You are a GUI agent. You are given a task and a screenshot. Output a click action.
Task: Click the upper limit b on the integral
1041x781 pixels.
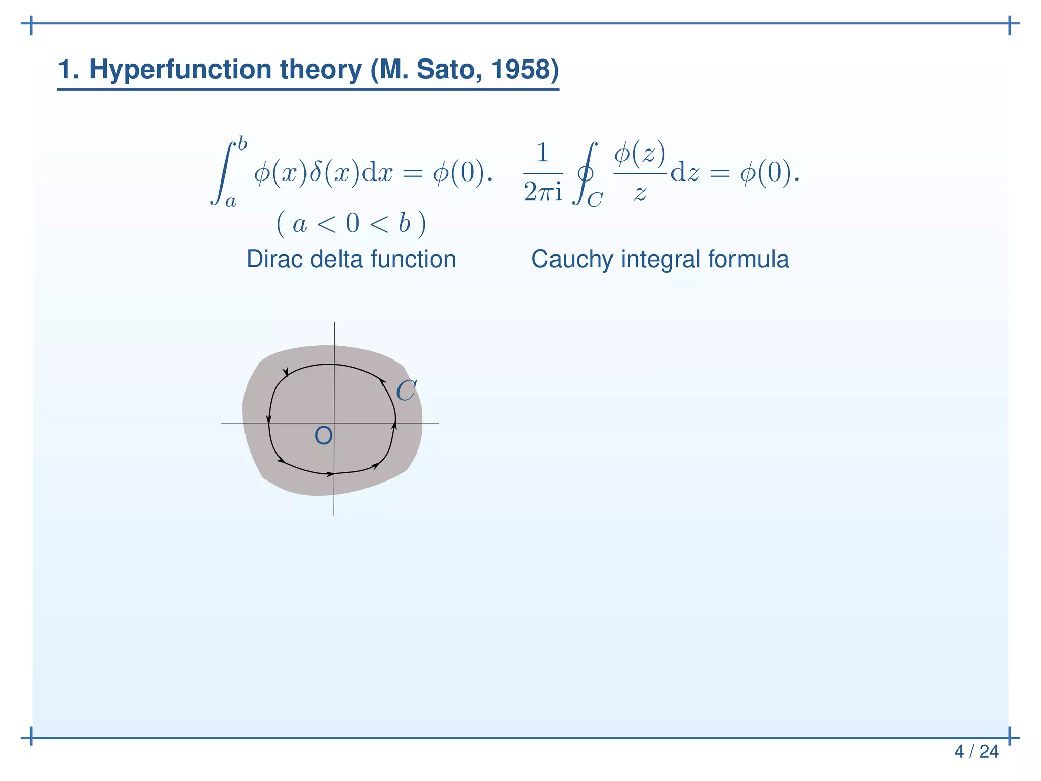(242, 144)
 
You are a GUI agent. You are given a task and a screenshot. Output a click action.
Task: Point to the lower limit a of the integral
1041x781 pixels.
(231, 202)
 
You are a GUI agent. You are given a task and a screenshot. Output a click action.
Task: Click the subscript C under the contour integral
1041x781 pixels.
(595, 200)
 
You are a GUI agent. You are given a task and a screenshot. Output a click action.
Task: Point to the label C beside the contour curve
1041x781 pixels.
(406, 391)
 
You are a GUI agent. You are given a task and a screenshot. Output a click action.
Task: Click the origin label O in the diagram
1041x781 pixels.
(324, 436)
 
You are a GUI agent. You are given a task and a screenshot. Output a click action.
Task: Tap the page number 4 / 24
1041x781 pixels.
(976, 752)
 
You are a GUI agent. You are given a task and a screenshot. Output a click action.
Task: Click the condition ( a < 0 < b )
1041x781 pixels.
(351, 224)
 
